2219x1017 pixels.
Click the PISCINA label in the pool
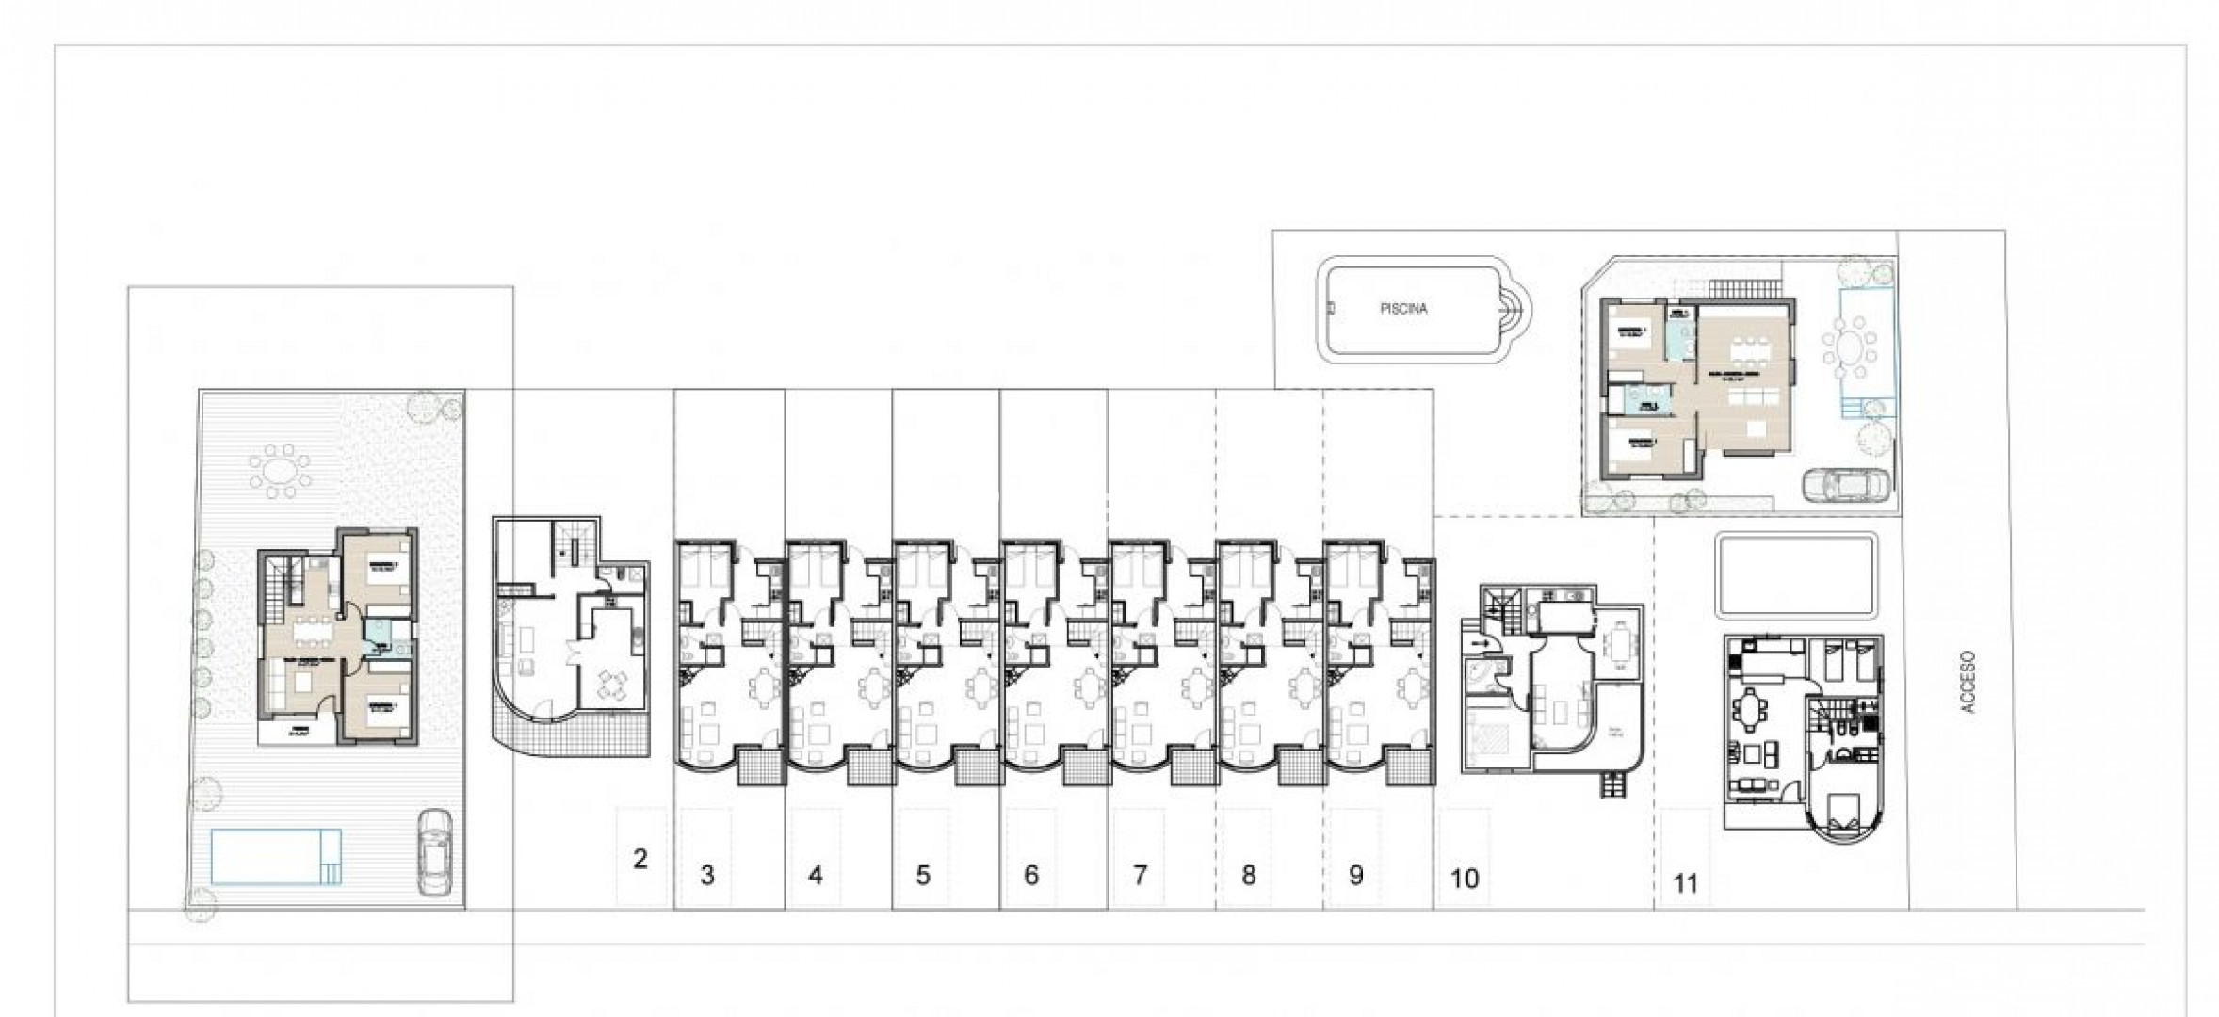tap(1403, 309)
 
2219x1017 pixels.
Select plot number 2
tap(640, 859)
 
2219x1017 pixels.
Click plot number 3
tap(707, 876)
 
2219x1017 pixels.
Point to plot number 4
tap(816, 876)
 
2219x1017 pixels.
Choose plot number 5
tap(923, 876)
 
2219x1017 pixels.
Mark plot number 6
tap(1031, 876)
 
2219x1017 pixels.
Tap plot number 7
tap(1140, 876)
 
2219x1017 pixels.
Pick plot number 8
tap(1248, 876)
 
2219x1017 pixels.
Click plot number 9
tap(1356, 876)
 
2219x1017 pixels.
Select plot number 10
tap(1465, 879)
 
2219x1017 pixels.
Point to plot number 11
tap(1685, 883)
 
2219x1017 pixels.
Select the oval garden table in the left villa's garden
tap(280, 470)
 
